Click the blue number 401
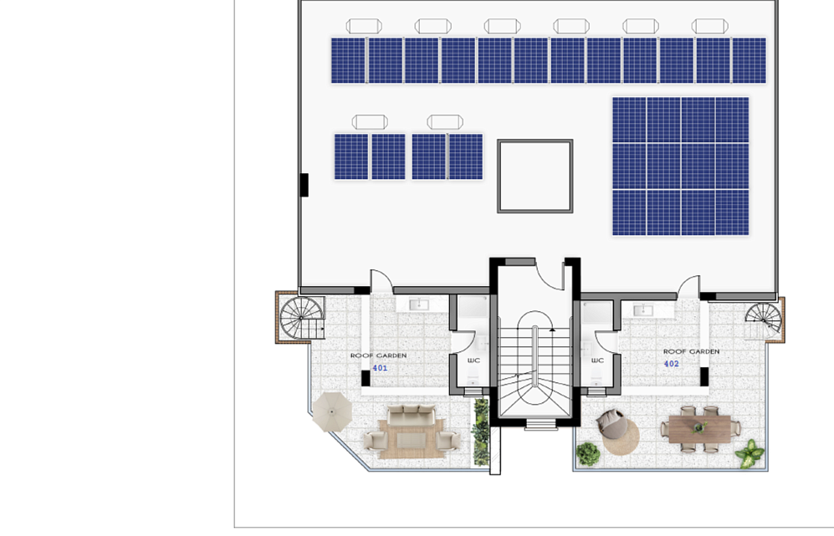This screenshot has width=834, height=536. pos(380,368)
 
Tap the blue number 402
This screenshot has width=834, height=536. pos(671,364)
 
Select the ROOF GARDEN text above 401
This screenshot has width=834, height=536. pos(378,355)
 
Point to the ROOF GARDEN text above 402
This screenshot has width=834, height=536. pos(691,351)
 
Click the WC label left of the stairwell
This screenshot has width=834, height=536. pos(473,360)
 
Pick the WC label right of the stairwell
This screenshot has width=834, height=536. pos(597,360)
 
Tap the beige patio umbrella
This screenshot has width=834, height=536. pos(332,411)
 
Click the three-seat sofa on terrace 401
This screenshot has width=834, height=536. pos(412,415)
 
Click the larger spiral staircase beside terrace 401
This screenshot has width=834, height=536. pos(302,318)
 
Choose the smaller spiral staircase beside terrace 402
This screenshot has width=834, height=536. pos(763,320)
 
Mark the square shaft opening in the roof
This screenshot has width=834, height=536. pos(535,176)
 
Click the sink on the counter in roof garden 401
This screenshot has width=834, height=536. pos(419,304)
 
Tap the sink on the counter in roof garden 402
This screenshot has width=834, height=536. pos(643,309)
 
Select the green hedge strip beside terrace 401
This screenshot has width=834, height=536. pos(481,432)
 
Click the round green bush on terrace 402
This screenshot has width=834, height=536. pos(588,453)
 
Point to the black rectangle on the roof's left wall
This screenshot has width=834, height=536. pos(304,185)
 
